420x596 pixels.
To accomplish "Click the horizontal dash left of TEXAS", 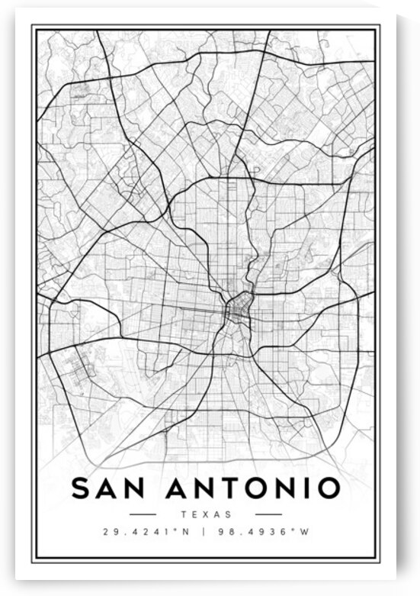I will (143, 514).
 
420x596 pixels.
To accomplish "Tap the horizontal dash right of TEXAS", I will (268, 514).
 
